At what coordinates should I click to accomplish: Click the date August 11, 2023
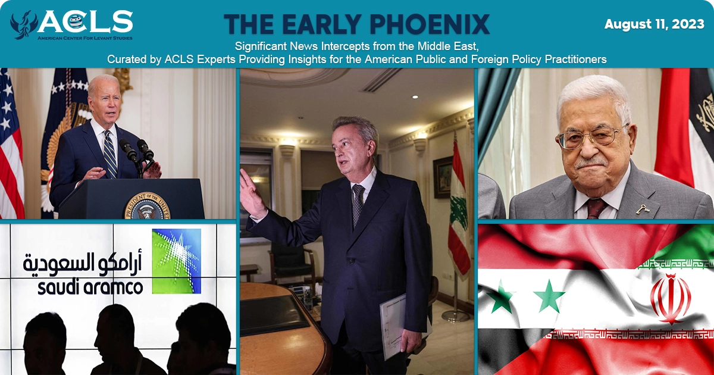pyautogui.click(x=654, y=24)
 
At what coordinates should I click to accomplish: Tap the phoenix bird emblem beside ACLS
pyautogui.click(x=24, y=25)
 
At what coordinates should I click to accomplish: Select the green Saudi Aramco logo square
pyautogui.click(x=176, y=261)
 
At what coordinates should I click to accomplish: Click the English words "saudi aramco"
pyautogui.click(x=90, y=287)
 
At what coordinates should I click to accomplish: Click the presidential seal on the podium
pyautogui.click(x=148, y=206)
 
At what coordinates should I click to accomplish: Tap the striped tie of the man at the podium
pyautogui.click(x=110, y=154)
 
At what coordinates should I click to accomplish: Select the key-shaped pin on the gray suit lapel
pyautogui.click(x=643, y=209)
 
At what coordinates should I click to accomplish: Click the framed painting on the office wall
pyautogui.click(x=443, y=177)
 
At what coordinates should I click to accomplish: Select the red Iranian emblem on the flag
pyautogui.click(x=671, y=299)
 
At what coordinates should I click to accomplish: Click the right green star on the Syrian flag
pyautogui.click(x=549, y=296)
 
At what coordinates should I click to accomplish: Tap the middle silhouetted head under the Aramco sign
pyautogui.click(x=115, y=323)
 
